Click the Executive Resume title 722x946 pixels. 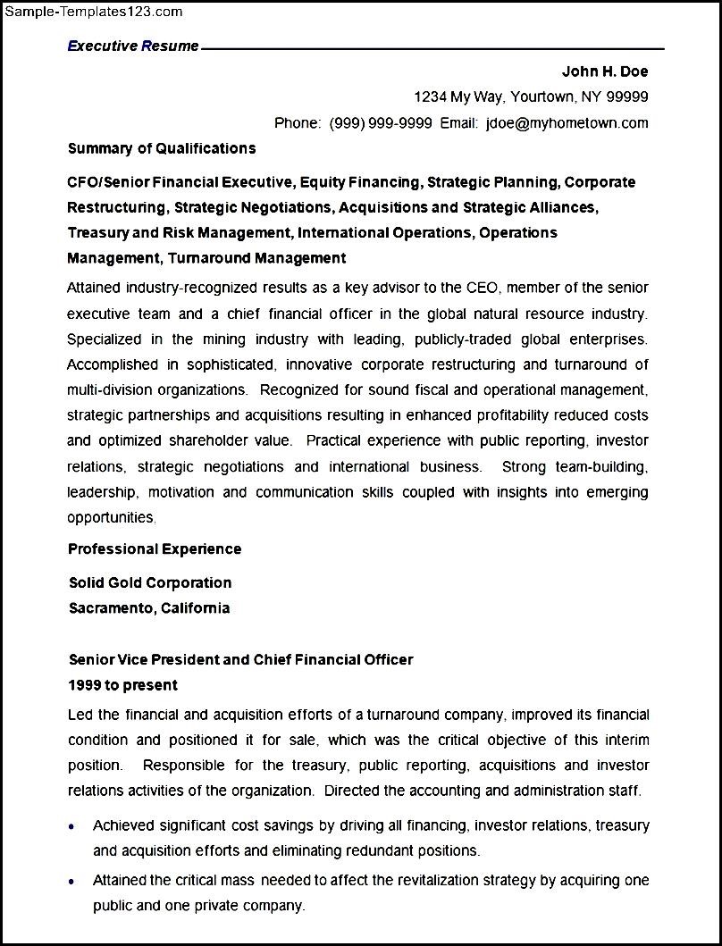(x=133, y=46)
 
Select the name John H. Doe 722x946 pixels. (x=604, y=71)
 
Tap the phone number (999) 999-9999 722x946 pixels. (x=381, y=122)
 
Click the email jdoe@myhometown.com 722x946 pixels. (x=567, y=122)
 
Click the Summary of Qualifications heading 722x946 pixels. (x=162, y=148)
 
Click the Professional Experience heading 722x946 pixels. (x=155, y=548)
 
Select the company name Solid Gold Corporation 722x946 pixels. (x=150, y=582)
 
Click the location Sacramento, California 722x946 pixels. (x=149, y=608)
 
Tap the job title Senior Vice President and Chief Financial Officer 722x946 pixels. (x=241, y=659)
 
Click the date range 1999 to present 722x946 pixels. (x=123, y=685)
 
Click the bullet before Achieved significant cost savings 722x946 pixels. (x=72, y=826)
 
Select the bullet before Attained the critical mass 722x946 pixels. (x=72, y=882)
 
